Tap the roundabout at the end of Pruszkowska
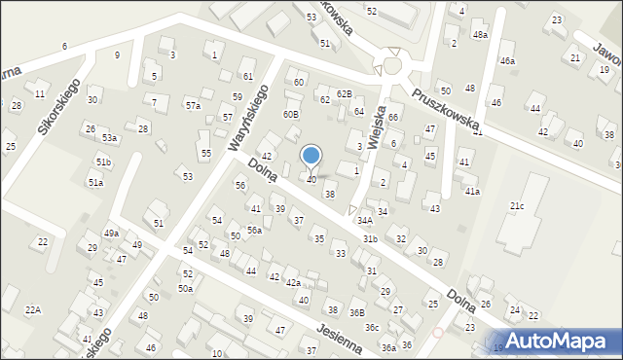[394, 66]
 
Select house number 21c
[517, 206]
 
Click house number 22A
[33, 309]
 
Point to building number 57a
[194, 105]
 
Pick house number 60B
[291, 115]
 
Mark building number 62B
[344, 93]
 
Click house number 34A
[364, 221]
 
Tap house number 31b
[370, 238]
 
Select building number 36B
[357, 312]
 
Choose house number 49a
[112, 233]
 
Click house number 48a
[480, 34]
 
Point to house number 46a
[507, 61]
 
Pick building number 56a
[254, 230]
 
